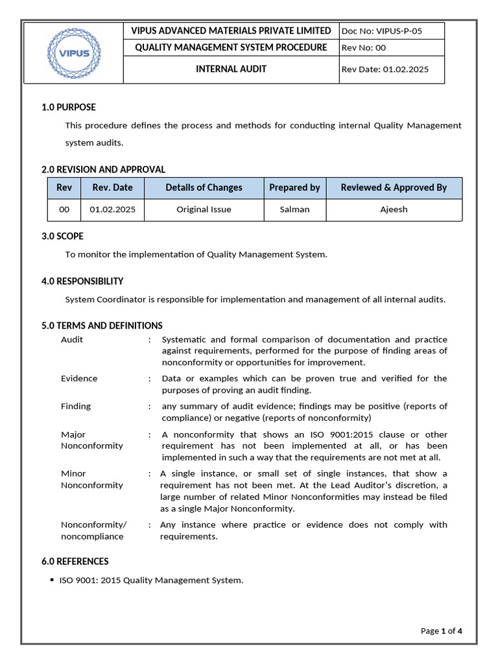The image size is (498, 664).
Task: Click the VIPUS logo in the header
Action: (x=73, y=53)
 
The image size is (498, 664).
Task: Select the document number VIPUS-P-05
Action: (x=392, y=31)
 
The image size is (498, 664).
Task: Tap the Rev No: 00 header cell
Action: (x=392, y=47)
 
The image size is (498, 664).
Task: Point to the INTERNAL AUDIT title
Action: (x=231, y=69)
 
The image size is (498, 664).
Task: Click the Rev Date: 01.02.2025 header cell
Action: (x=392, y=69)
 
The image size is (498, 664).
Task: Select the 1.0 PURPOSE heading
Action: (x=69, y=107)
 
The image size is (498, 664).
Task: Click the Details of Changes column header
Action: (x=204, y=187)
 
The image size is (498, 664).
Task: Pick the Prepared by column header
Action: (x=294, y=187)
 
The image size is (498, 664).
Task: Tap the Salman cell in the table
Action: (x=294, y=209)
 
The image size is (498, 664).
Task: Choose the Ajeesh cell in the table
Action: (x=394, y=209)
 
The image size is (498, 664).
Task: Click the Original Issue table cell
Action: (x=204, y=209)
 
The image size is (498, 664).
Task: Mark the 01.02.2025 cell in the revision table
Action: (x=113, y=209)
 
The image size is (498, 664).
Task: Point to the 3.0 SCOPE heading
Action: (x=62, y=236)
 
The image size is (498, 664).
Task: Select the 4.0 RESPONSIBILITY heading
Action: (x=82, y=281)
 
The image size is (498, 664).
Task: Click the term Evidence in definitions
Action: (x=79, y=378)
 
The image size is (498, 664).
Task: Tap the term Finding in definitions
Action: (x=76, y=406)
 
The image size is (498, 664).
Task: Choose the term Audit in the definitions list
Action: (x=72, y=339)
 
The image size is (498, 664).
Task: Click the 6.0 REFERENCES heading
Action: (x=75, y=561)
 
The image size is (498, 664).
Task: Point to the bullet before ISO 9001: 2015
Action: (x=52, y=580)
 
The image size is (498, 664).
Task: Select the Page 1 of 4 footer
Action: (x=441, y=631)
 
